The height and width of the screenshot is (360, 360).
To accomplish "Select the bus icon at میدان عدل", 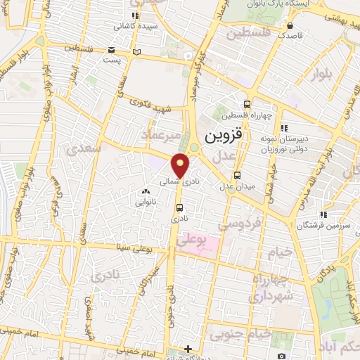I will point(237,175).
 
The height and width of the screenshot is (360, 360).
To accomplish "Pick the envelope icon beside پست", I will point(112,50).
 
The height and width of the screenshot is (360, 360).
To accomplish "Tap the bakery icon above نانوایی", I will point(146,191).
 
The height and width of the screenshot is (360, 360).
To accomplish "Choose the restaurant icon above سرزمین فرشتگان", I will point(322,214).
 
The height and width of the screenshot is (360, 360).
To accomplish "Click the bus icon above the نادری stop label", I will point(180,207).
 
